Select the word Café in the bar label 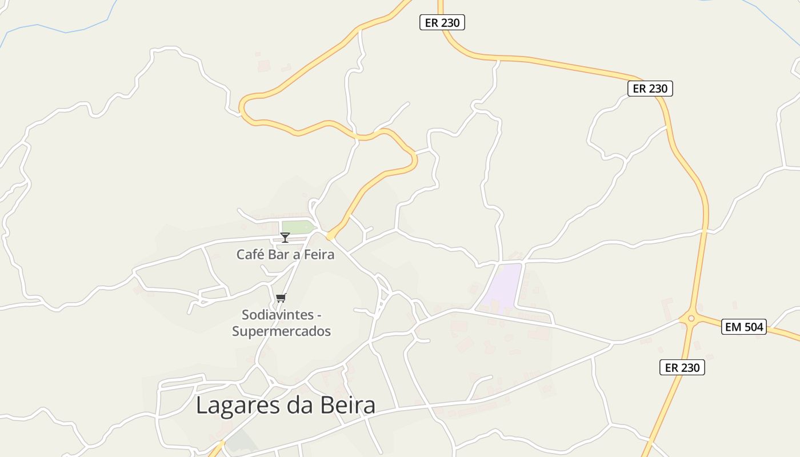250,254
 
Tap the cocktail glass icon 285,238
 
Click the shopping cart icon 281,298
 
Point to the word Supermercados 281,331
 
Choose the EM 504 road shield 743,327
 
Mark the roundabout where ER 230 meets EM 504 691,318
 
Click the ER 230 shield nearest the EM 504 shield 682,367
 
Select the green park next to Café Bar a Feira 297,227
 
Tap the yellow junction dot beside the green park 330,236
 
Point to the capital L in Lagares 202,406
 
